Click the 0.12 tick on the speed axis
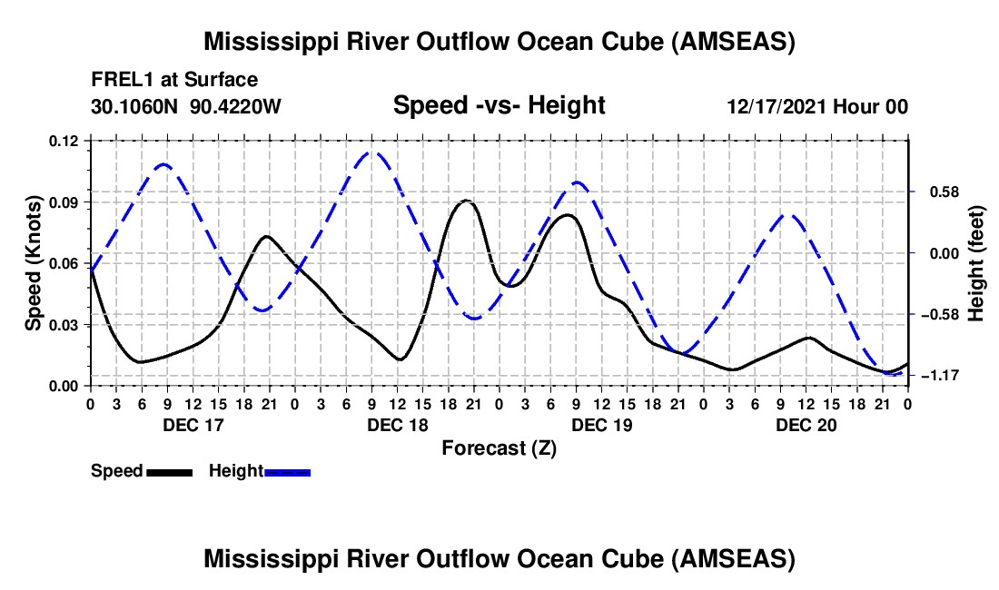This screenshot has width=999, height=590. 65,141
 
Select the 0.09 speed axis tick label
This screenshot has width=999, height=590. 65,202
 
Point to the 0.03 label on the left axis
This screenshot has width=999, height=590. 65,325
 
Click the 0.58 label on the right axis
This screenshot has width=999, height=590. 941,192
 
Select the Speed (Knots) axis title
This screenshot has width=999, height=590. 34,263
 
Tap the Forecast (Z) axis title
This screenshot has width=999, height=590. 499,447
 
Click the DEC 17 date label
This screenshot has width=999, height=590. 192,425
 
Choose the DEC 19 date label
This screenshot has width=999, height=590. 601,425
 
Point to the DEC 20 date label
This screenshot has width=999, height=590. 806,425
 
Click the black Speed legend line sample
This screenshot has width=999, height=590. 169,472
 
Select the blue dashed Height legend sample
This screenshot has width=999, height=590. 288,472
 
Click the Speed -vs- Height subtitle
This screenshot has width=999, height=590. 499,106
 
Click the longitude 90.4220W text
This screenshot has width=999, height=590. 236,107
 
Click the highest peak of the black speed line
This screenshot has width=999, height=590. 466,200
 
